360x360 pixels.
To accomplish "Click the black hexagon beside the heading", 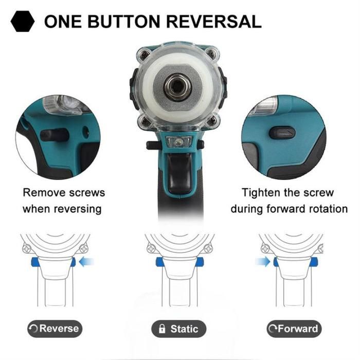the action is pos(23,21).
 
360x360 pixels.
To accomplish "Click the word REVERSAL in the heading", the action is pos(213,22).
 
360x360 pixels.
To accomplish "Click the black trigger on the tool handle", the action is pos(179,173).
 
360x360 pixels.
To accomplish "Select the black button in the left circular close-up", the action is pos(55,135).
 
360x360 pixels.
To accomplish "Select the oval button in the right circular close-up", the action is pos(282,133).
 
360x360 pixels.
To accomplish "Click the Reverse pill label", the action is pos(55,329).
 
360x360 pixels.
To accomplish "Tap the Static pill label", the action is pos(178,329).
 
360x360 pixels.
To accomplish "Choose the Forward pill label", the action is pos(294,329).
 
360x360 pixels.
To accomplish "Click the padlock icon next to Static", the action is pos(162,329).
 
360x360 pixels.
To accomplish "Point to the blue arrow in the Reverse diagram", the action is pos(86,262).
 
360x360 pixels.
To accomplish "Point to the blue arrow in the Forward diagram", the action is pos(263,262).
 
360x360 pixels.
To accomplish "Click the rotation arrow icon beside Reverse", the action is pos(33,329).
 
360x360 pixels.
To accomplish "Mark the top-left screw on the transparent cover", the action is pos(145,55).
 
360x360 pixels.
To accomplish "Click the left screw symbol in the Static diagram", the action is pos(151,249).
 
